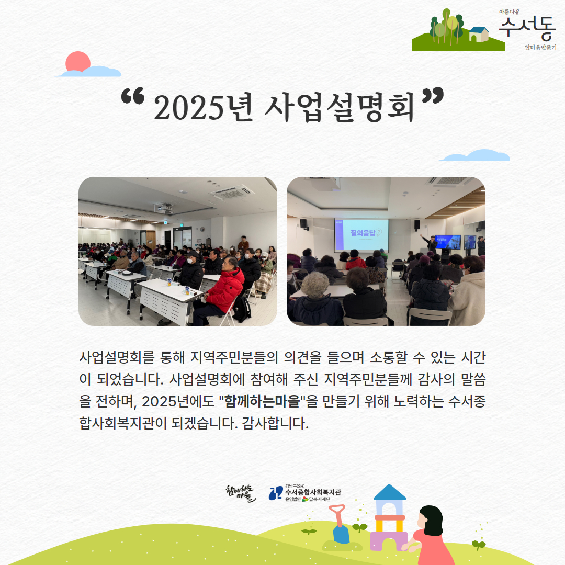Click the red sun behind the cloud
click(77, 61)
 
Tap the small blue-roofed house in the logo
click(479, 35)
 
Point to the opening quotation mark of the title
click(132, 96)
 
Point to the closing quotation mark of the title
click(433, 96)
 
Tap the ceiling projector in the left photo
click(164, 208)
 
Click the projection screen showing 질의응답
click(361, 235)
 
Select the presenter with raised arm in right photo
click(430, 243)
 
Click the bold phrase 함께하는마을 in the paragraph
click(262, 401)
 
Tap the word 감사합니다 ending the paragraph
click(275, 423)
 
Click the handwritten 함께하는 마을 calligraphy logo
click(240, 493)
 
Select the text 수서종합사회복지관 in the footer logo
click(313, 492)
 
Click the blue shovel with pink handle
click(340, 524)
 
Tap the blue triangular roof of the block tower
click(390, 492)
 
